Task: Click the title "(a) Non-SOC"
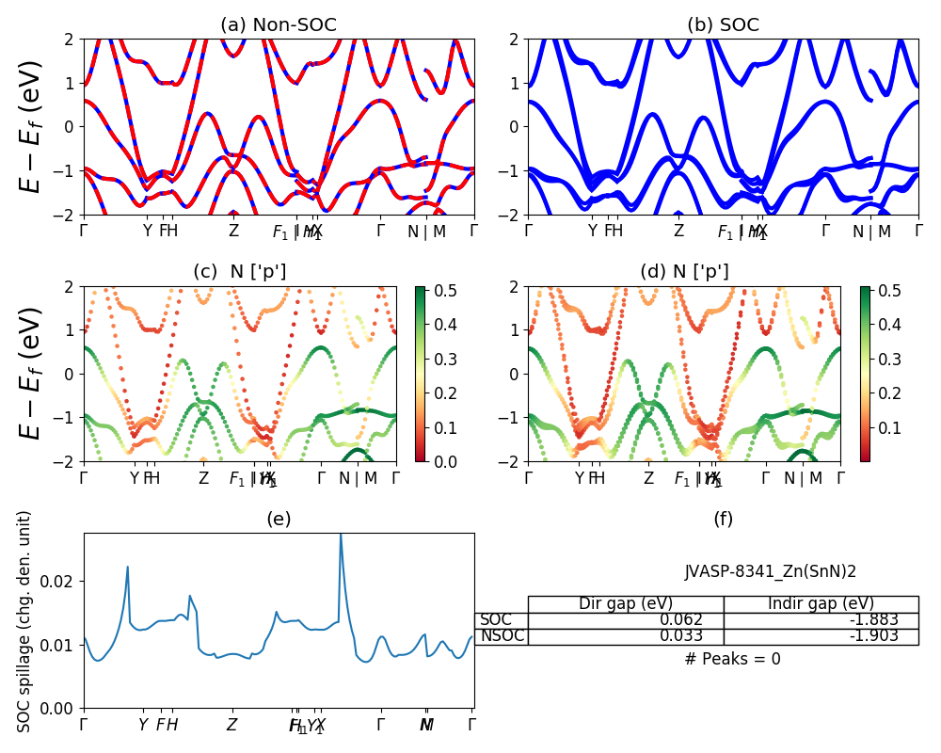[x=279, y=25]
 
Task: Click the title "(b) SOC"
[x=723, y=25]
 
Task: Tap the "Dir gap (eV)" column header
[x=625, y=604]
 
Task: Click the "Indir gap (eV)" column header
[x=821, y=604]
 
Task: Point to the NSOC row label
[x=501, y=636]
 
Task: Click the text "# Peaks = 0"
[x=732, y=659]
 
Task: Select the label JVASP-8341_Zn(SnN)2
[x=770, y=571]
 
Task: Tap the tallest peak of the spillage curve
[x=340, y=535]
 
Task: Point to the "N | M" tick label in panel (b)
[x=871, y=231]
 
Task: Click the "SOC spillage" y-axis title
[x=25, y=621]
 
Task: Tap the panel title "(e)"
[x=279, y=519]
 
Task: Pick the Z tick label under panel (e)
[x=231, y=726]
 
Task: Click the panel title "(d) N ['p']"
[x=684, y=272]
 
